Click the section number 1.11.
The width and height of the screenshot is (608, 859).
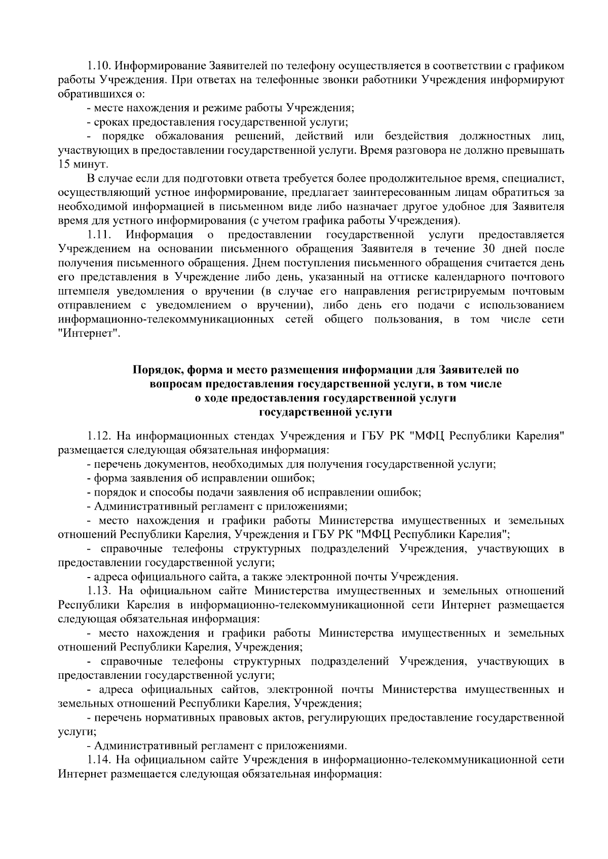(98, 235)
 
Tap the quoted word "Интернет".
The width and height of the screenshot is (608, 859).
(89, 334)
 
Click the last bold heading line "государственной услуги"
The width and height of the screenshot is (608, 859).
(326, 412)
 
